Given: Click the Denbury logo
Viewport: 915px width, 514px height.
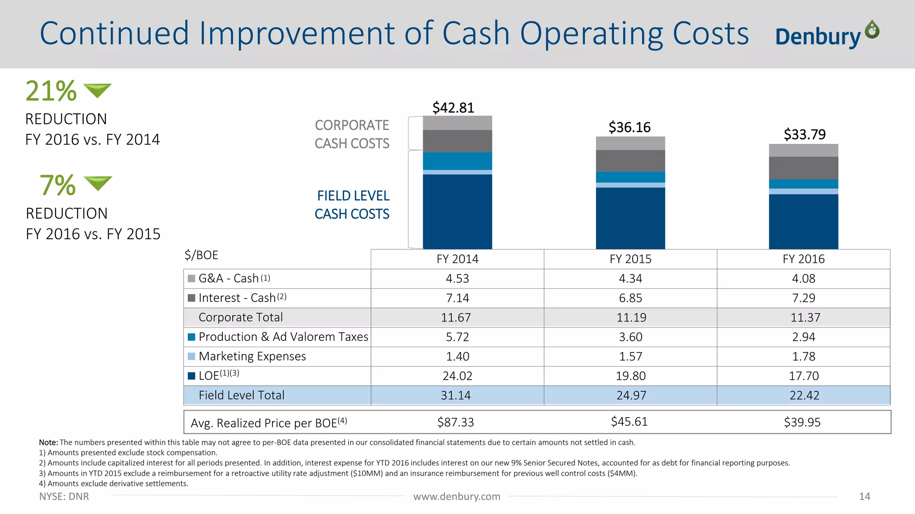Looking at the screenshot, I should click(x=827, y=35).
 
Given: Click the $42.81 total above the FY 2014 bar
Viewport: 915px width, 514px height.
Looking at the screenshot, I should click(x=453, y=108).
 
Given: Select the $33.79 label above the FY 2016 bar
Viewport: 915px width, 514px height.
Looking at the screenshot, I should click(x=805, y=134).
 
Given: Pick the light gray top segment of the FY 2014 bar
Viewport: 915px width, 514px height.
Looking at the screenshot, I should click(x=457, y=123).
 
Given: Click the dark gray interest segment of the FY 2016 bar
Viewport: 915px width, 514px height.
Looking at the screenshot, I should click(x=803, y=168).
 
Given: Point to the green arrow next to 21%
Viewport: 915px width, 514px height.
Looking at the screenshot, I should click(x=97, y=90).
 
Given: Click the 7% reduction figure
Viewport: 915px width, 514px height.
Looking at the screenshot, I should click(x=58, y=185).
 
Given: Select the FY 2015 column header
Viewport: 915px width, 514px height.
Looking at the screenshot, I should click(x=630, y=259).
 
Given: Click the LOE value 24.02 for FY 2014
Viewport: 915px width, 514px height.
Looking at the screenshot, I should click(x=457, y=376).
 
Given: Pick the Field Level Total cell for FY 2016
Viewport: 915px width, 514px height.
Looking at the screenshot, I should click(x=804, y=395).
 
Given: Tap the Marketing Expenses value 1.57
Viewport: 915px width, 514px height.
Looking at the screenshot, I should click(x=630, y=356).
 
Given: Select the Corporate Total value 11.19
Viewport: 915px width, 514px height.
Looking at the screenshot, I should click(x=631, y=317).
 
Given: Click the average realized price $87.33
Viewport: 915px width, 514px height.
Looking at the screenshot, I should click(x=455, y=422).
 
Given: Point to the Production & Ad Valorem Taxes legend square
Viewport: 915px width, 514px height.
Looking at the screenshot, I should click(x=192, y=337).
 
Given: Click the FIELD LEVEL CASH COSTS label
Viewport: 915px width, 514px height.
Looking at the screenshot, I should click(x=352, y=205).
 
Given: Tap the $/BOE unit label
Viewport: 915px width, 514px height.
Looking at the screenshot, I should click(x=201, y=255).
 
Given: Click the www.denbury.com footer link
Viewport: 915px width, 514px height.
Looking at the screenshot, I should click(x=457, y=496).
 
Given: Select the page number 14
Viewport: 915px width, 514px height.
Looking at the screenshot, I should click(x=864, y=496).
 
